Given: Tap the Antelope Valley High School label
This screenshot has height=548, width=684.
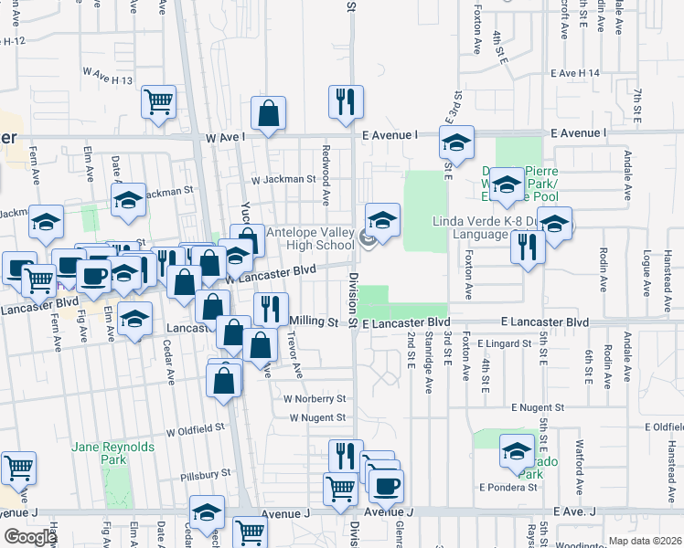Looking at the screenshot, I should click(x=309, y=238).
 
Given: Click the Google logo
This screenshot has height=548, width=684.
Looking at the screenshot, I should click(x=30, y=537).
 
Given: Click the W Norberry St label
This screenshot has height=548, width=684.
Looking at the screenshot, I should click(x=315, y=399).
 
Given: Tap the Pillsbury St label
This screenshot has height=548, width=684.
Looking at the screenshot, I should click(x=205, y=474).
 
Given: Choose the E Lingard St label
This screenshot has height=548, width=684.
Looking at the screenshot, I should click(x=504, y=343).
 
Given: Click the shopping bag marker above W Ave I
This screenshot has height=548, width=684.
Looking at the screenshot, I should click(x=269, y=115).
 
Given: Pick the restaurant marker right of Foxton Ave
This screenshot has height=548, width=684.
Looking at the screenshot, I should click(x=528, y=246).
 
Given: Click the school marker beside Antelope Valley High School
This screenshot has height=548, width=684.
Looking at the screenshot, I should click(x=383, y=219).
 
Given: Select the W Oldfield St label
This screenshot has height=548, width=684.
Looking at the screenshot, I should click(x=195, y=427).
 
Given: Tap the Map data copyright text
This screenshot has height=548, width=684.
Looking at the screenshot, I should click(x=644, y=541).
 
